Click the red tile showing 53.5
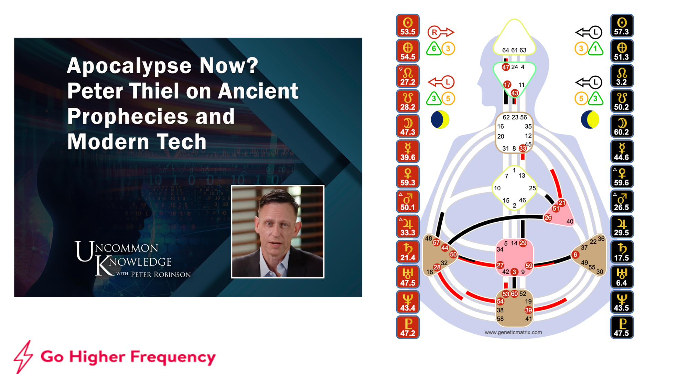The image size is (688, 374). coord(408,26)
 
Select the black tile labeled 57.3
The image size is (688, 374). coord(622,26)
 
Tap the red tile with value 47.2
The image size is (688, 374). coord(408,327)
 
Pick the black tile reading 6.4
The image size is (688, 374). coord(622,277)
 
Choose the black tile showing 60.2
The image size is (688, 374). coord(622,126)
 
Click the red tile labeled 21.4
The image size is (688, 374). coord(408,252)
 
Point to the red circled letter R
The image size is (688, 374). coord(434,32)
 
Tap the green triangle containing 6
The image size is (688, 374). coord(433,49)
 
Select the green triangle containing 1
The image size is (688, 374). coord(595,49)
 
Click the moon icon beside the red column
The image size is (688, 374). coord(440,120)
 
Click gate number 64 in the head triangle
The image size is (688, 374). coord(505,50)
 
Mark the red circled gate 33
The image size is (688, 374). coord(523,148)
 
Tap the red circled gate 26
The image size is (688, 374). coord(548,217)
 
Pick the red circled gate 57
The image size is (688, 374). coord(436,243)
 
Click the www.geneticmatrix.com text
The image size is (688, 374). coord(513,332)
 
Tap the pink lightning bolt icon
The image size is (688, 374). coord(23,357)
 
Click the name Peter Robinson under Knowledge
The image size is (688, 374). coord(161,275)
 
